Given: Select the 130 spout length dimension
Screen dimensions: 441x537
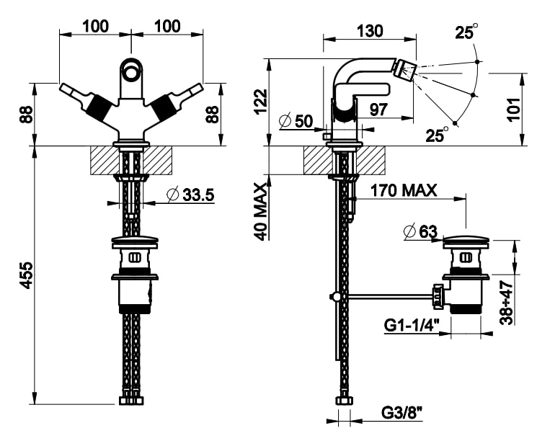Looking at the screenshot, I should [x=369, y=31].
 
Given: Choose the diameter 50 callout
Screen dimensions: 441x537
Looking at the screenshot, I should [x=296, y=121].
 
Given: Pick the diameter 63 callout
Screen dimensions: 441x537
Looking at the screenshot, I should [x=421, y=231].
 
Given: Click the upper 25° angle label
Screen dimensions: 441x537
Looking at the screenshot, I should [x=466, y=32].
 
